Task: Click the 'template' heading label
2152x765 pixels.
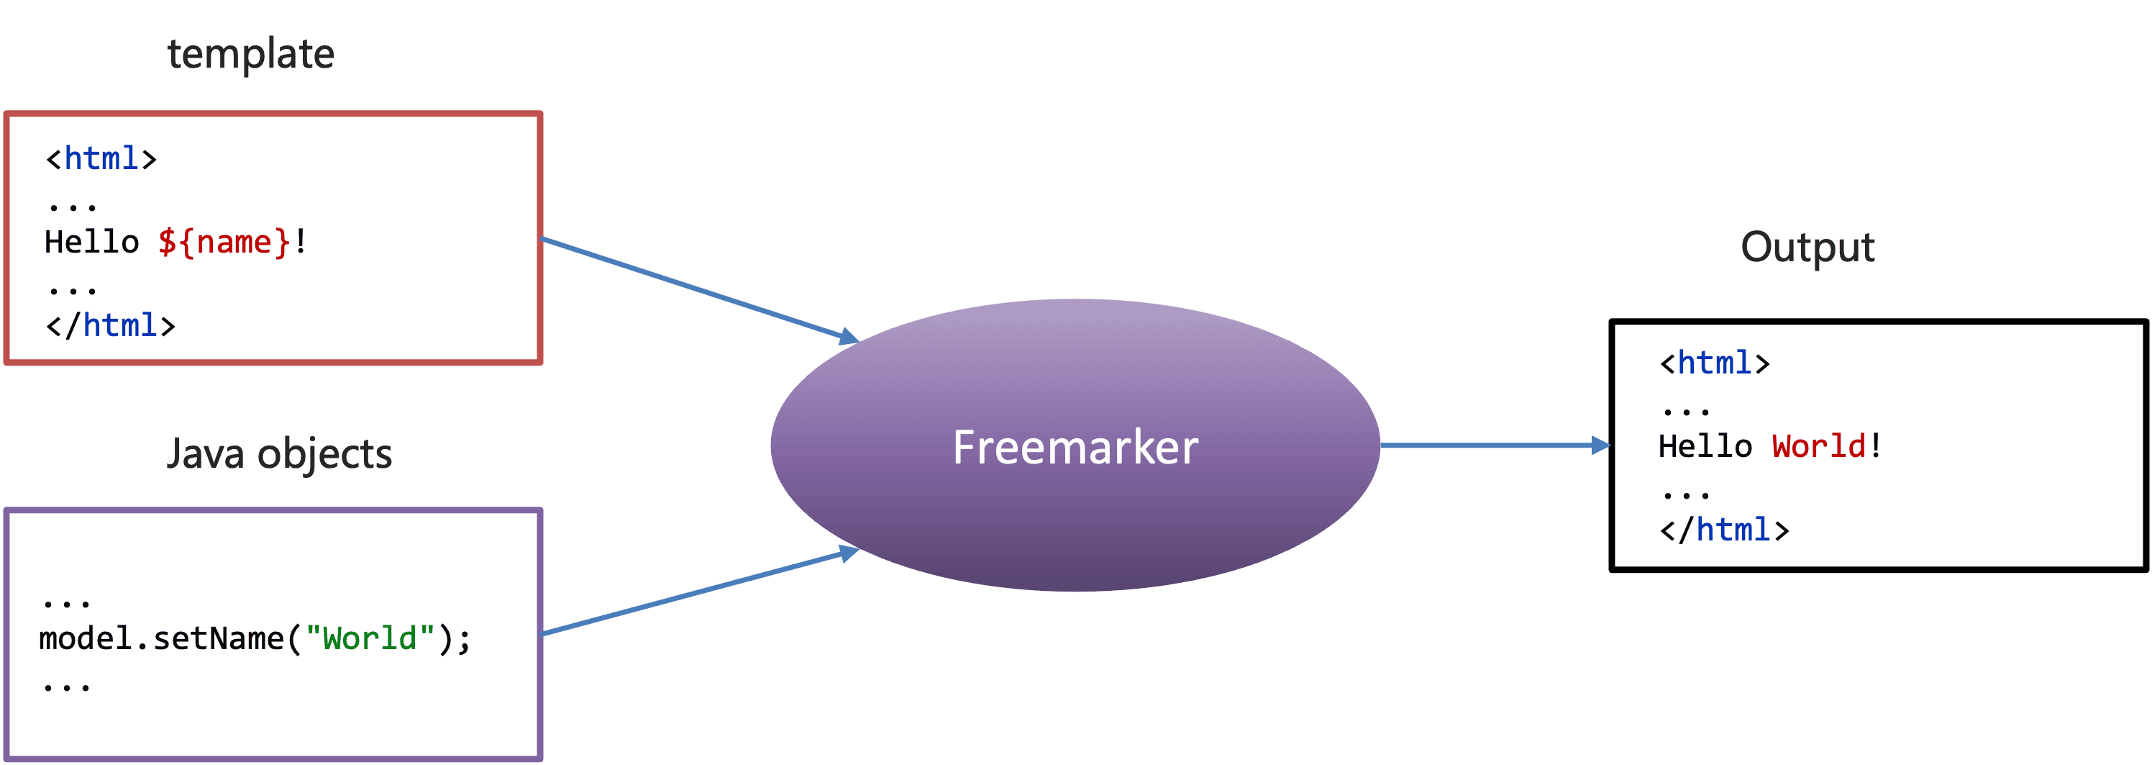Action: point(250,55)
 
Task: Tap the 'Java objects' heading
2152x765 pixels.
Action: point(279,454)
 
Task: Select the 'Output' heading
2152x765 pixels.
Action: point(1807,248)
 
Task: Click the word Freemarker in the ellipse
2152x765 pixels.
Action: point(1075,448)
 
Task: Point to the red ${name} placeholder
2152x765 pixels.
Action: point(224,243)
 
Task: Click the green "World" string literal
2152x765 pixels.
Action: point(370,639)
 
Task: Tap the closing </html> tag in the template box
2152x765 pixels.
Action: point(110,326)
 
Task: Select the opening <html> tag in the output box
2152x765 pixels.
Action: point(1714,363)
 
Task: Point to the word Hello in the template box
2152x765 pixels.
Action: point(92,243)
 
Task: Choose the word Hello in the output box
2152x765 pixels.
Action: point(1705,446)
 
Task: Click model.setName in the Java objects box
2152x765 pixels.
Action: point(161,639)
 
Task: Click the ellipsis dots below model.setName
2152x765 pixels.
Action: point(66,688)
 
